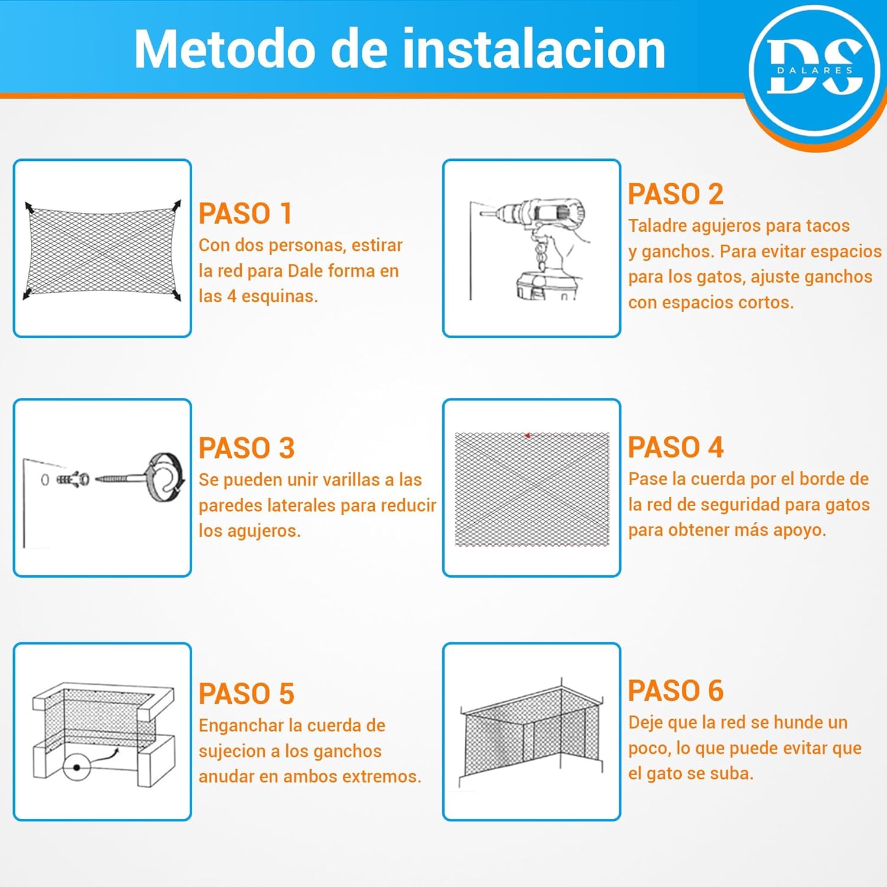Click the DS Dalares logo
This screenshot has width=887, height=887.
click(x=815, y=70)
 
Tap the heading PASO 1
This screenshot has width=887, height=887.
click(x=245, y=213)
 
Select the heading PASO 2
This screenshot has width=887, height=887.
click(x=675, y=194)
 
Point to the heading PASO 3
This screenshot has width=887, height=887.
click(x=247, y=448)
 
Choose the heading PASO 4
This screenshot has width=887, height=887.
click(x=675, y=447)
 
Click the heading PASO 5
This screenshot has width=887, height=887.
click(x=247, y=694)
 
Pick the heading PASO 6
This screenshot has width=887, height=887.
click(x=675, y=691)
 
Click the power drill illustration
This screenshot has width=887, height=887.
click(x=532, y=248)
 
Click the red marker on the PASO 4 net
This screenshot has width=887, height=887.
click(x=527, y=436)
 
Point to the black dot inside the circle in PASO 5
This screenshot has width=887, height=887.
click(x=77, y=768)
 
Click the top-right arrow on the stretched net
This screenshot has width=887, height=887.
click(x=177, y=205)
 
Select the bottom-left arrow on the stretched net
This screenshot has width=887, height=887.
click(x=27, y=294)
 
